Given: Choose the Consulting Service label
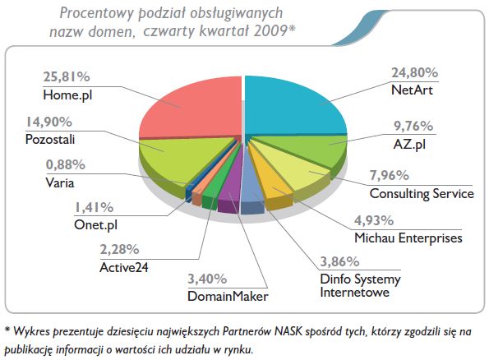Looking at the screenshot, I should [x=422, y=194].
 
